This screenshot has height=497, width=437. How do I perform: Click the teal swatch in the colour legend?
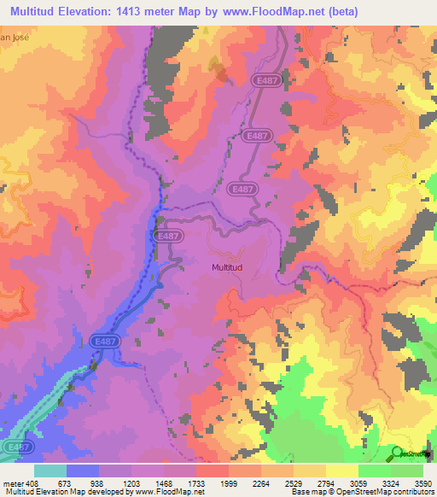(50, 471)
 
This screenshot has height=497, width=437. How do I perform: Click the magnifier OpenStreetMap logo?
(398, 453)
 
